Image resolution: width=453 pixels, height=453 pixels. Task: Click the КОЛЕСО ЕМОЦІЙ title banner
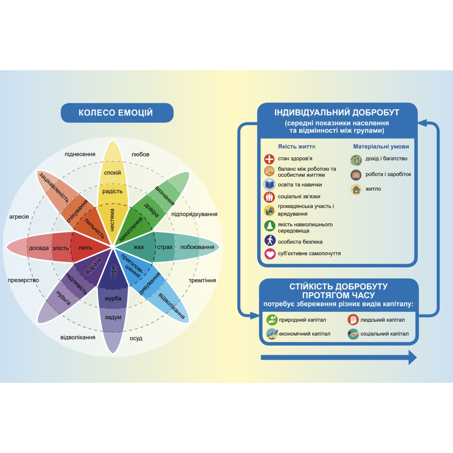[117, 113]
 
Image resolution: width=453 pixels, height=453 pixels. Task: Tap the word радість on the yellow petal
[112, 191]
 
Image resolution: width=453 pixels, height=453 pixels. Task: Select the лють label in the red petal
[85, 248]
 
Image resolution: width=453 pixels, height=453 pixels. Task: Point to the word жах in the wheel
[139, 247]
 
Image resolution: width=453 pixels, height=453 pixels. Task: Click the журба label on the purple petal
[113, 299]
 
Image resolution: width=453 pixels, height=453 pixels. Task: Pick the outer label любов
[140, 154]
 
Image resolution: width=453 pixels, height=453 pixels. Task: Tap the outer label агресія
[19, 217]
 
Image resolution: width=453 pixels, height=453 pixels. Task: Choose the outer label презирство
[24, 280]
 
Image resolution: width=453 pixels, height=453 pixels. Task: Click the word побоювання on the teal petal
[198, 247]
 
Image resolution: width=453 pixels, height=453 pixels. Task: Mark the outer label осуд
[136, 338]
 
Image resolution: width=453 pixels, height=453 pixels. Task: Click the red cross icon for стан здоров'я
[269, 159]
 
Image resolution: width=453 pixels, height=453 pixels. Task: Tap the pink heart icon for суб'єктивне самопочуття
[270, 254]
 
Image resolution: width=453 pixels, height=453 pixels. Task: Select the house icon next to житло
[356, 189]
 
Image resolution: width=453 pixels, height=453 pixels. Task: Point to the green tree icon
[270, 226]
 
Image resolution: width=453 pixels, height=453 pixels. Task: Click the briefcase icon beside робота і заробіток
[356, 175]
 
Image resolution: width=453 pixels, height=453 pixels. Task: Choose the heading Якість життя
[297, 146]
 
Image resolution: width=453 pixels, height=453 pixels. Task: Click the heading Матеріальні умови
[381, 146]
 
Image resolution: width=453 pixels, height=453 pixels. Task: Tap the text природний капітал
[303, 320]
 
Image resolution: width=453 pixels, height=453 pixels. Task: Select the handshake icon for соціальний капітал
[353, 334]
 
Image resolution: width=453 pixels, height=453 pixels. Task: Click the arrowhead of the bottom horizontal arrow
[413, 358]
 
